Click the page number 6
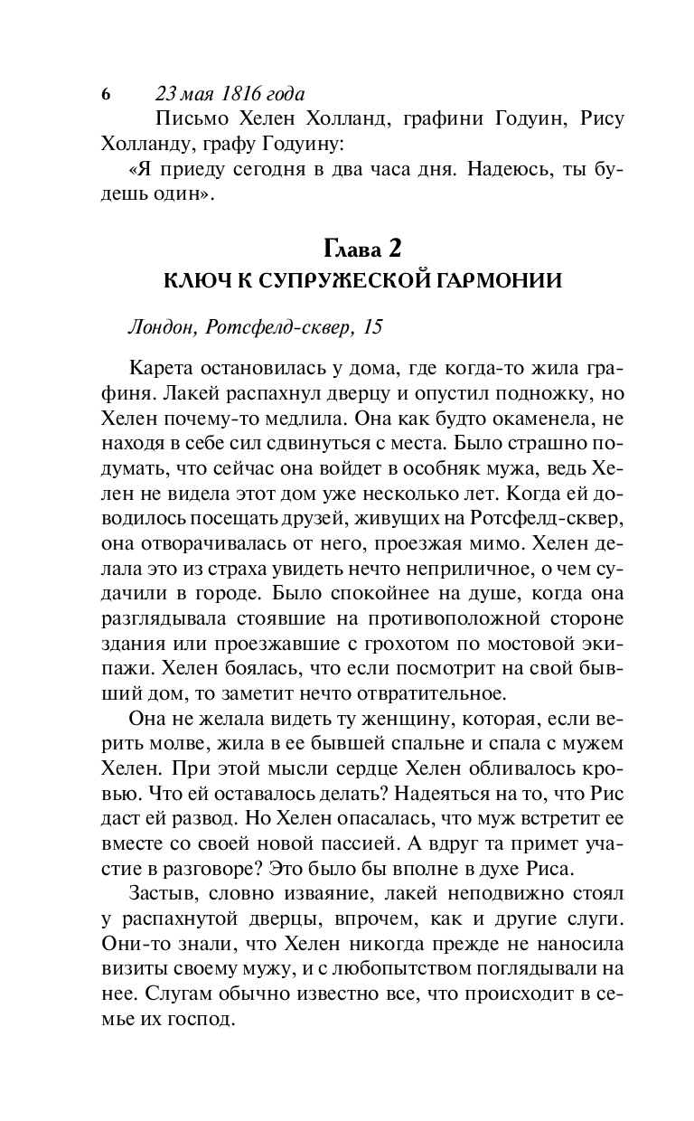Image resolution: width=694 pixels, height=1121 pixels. pyautogui.click(x=106, y=95)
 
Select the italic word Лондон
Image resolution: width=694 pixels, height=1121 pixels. pyautogui.click(x=162, y=328)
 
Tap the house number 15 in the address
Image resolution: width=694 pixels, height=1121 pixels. pyautogui.click(x=371, y=328)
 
